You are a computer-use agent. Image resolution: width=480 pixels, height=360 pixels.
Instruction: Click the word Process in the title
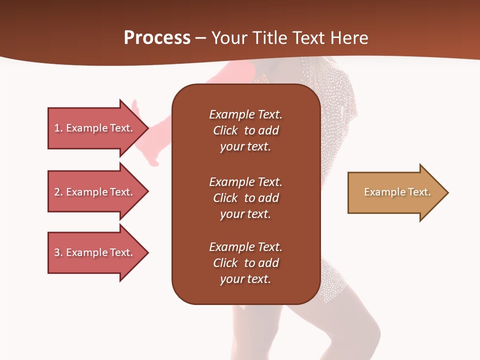pos(157,38)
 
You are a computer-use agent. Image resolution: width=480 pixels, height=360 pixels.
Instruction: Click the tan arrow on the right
pos(395,192)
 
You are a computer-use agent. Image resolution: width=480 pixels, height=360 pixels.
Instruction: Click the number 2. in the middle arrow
pos(58,192)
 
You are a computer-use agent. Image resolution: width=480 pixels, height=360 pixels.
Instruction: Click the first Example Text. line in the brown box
pos(245,114)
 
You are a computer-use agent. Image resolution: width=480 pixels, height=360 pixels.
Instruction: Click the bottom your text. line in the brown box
pos(245,279)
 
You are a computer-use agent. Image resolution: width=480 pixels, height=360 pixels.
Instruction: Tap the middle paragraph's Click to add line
pos(245,198)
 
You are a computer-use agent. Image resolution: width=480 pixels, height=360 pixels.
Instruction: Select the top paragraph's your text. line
pos(245,146)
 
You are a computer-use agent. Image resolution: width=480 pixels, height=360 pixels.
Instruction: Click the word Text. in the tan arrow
pos(419,192)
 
